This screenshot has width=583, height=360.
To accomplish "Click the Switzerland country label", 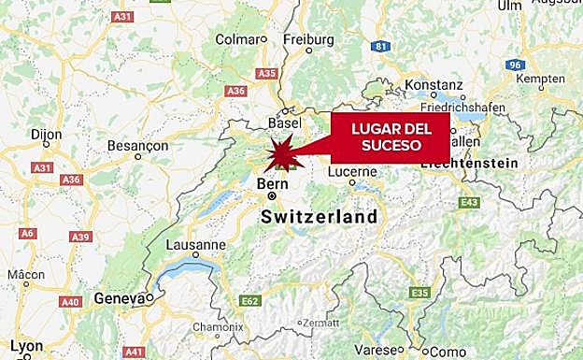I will (320, 217).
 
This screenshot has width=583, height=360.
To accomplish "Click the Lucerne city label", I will (352, 171).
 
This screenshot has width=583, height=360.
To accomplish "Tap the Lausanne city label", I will (196, 244).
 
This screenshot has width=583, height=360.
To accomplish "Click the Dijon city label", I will (47, 135).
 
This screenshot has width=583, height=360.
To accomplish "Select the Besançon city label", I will (137, 146).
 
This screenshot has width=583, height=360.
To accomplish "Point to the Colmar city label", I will (235, 39).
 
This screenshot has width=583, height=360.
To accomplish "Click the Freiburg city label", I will (307, 39).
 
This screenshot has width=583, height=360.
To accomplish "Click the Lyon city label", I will (25, 345).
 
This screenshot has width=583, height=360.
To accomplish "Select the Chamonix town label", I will (218, 327).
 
